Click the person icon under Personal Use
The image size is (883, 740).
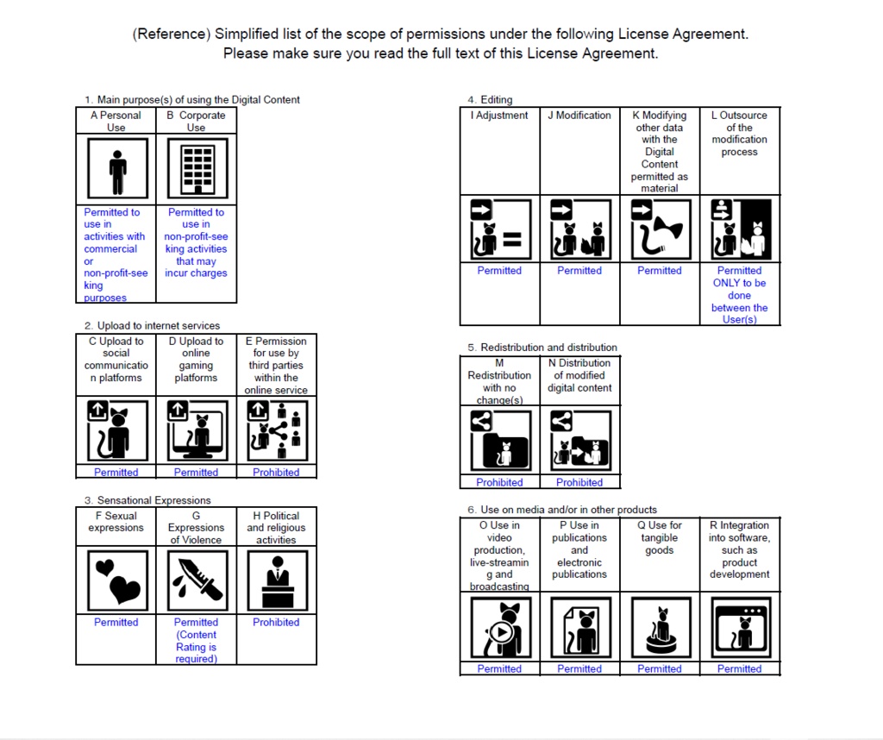coord(116,168)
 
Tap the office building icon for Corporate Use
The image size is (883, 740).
coord(197,168)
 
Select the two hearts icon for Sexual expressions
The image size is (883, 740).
coord(116,580)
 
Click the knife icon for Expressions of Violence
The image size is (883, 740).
coord(197,580)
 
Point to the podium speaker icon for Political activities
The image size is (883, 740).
coord(277,580)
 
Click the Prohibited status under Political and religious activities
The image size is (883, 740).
coord(277,623)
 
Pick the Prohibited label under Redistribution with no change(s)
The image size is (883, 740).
coord(499,482)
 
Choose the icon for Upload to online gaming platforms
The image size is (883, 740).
coord(197,430)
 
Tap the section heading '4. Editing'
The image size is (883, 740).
coord(490,100)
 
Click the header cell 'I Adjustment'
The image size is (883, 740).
coord(500,116)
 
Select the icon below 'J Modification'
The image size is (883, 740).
coord(579,230)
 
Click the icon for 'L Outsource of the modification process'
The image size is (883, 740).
coord(740,230)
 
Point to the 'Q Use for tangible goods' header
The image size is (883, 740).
coord(660,537)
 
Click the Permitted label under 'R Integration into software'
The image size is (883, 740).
coord(740,668)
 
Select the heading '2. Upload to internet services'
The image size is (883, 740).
coord(152,326)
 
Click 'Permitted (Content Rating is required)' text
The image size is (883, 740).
coord(197,640)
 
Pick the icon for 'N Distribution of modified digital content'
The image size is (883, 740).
coord(579,440)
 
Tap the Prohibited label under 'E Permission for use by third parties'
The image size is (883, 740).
coord(277,473)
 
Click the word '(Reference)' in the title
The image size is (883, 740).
coord(171,34)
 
